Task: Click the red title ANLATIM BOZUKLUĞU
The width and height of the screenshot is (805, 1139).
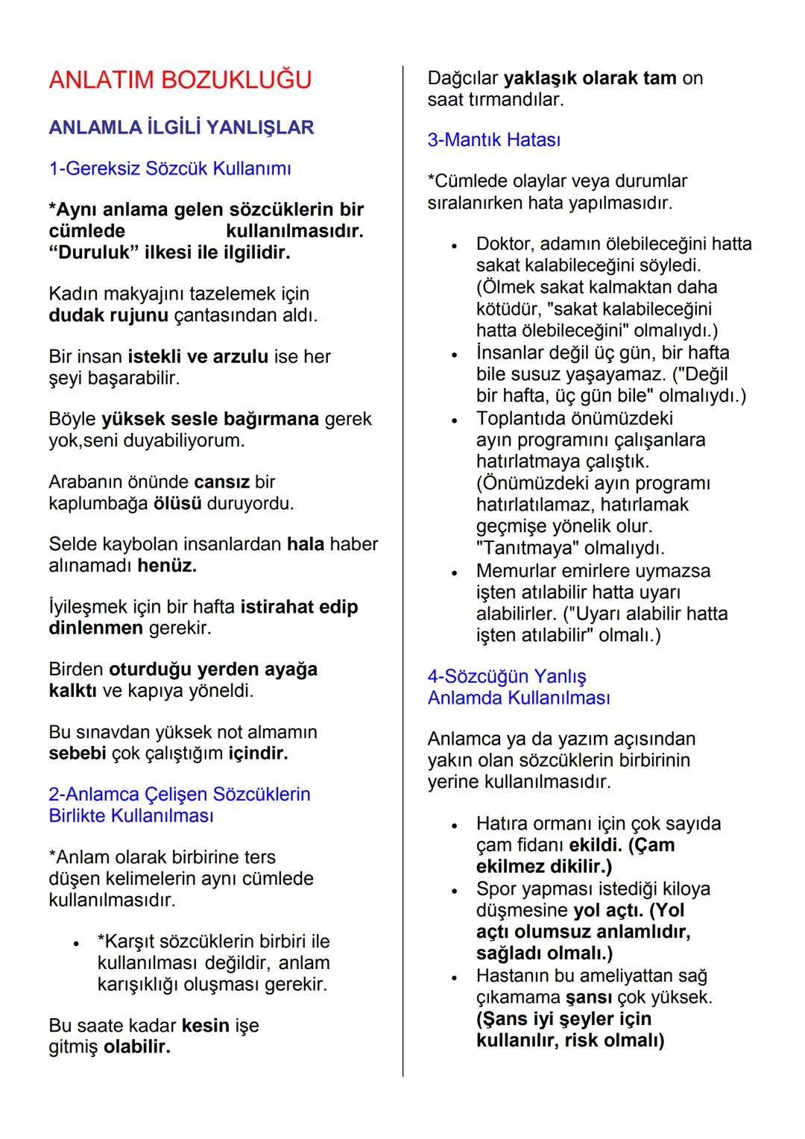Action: pos(180,80)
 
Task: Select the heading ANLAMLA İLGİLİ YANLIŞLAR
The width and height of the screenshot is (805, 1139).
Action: pos(181,127)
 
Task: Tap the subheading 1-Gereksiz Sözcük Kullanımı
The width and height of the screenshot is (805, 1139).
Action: pos(170,168)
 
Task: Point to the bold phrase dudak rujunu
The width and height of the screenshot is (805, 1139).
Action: pos(108,315)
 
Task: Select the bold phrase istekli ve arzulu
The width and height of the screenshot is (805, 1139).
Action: pos(198,356)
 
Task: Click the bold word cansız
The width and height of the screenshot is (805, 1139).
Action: pos(221,482)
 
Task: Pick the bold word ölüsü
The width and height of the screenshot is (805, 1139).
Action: pos(177,503)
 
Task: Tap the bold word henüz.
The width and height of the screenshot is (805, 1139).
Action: pos(167,566)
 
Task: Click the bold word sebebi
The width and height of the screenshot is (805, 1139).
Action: pos(78,753)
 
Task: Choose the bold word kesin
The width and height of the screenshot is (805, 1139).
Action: pos(205,1026)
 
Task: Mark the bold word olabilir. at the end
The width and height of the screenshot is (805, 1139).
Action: pos(137,1047)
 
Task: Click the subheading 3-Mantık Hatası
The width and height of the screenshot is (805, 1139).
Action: pos(494,140)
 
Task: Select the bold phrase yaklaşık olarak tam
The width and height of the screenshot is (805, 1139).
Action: pos(590,78)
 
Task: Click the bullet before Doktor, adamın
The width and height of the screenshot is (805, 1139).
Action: pos(453,245)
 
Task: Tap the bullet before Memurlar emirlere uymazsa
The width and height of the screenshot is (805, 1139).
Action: pos(453,572)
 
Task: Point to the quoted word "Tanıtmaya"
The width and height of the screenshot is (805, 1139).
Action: pos(526,548)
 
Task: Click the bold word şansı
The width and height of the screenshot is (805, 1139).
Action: pos(589,997)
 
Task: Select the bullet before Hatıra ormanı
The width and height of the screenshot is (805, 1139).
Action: pos(453,825)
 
